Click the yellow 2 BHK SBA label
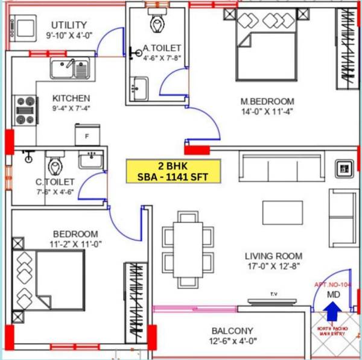tap(174, 171)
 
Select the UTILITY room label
tap(69, 25)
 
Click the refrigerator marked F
tap(87, 134)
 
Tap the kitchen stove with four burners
tap(25, 111)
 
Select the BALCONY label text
tap(232, 331)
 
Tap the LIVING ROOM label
tap(273, 256)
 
